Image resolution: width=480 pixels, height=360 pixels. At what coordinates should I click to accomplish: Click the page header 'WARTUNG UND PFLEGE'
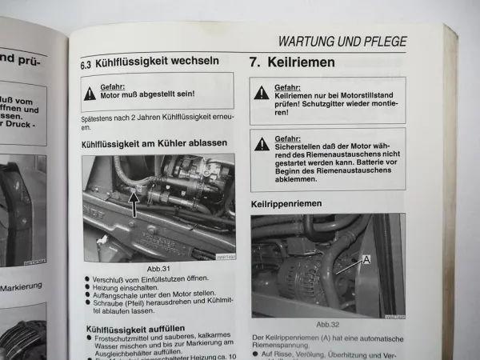342,42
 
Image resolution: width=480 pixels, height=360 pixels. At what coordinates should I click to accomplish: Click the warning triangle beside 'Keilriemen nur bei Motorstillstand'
262,93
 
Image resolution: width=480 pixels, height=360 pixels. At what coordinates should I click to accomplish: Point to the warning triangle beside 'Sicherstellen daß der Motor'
262,144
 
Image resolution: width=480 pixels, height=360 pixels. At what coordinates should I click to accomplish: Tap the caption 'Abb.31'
158,270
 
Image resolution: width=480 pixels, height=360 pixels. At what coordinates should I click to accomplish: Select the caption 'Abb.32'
328,324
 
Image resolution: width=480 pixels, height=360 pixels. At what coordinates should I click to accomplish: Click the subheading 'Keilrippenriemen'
286,204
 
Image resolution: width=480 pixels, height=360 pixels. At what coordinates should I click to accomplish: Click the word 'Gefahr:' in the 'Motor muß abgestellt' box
113,86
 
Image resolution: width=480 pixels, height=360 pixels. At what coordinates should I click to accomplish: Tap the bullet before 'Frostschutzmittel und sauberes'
87,338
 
